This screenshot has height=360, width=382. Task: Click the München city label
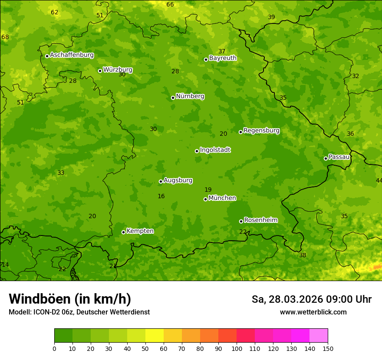click(x=222, y=198)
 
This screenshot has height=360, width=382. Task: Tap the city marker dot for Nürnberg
click(x=173, y=98)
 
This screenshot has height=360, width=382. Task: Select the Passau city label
click(x=339, y=157)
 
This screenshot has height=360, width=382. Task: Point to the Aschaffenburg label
click(x=72, y=55)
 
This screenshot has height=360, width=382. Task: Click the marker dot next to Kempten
click(x=123, y=232)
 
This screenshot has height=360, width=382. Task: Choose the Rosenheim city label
click(x=260, y=220)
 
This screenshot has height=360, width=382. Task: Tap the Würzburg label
click(x=118, y=70)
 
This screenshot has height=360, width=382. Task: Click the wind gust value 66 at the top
click(x=170, y=5)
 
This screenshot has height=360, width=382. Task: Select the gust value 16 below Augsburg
click(x=161, y=196)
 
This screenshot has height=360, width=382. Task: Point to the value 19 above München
click(x=208, y=190)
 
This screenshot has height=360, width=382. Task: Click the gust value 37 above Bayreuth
click(x=222, y=52)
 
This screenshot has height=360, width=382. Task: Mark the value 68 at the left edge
click(x=5, y=37)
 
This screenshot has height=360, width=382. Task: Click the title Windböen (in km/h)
click(x=70, y=299)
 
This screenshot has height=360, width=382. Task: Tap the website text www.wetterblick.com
click(x=313, y=312)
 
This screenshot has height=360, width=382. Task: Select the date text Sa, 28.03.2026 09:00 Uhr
click(x=311, y=299)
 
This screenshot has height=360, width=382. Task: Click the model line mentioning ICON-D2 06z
click(x=79, y=312)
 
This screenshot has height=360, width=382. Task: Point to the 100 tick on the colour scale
click(x=237, y=348)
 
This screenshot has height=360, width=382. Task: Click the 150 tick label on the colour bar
click(x=328, y=348)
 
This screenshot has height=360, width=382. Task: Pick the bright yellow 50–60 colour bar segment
click(x=155, y=336)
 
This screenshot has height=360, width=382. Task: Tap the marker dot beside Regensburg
click(x=240, y=132)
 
